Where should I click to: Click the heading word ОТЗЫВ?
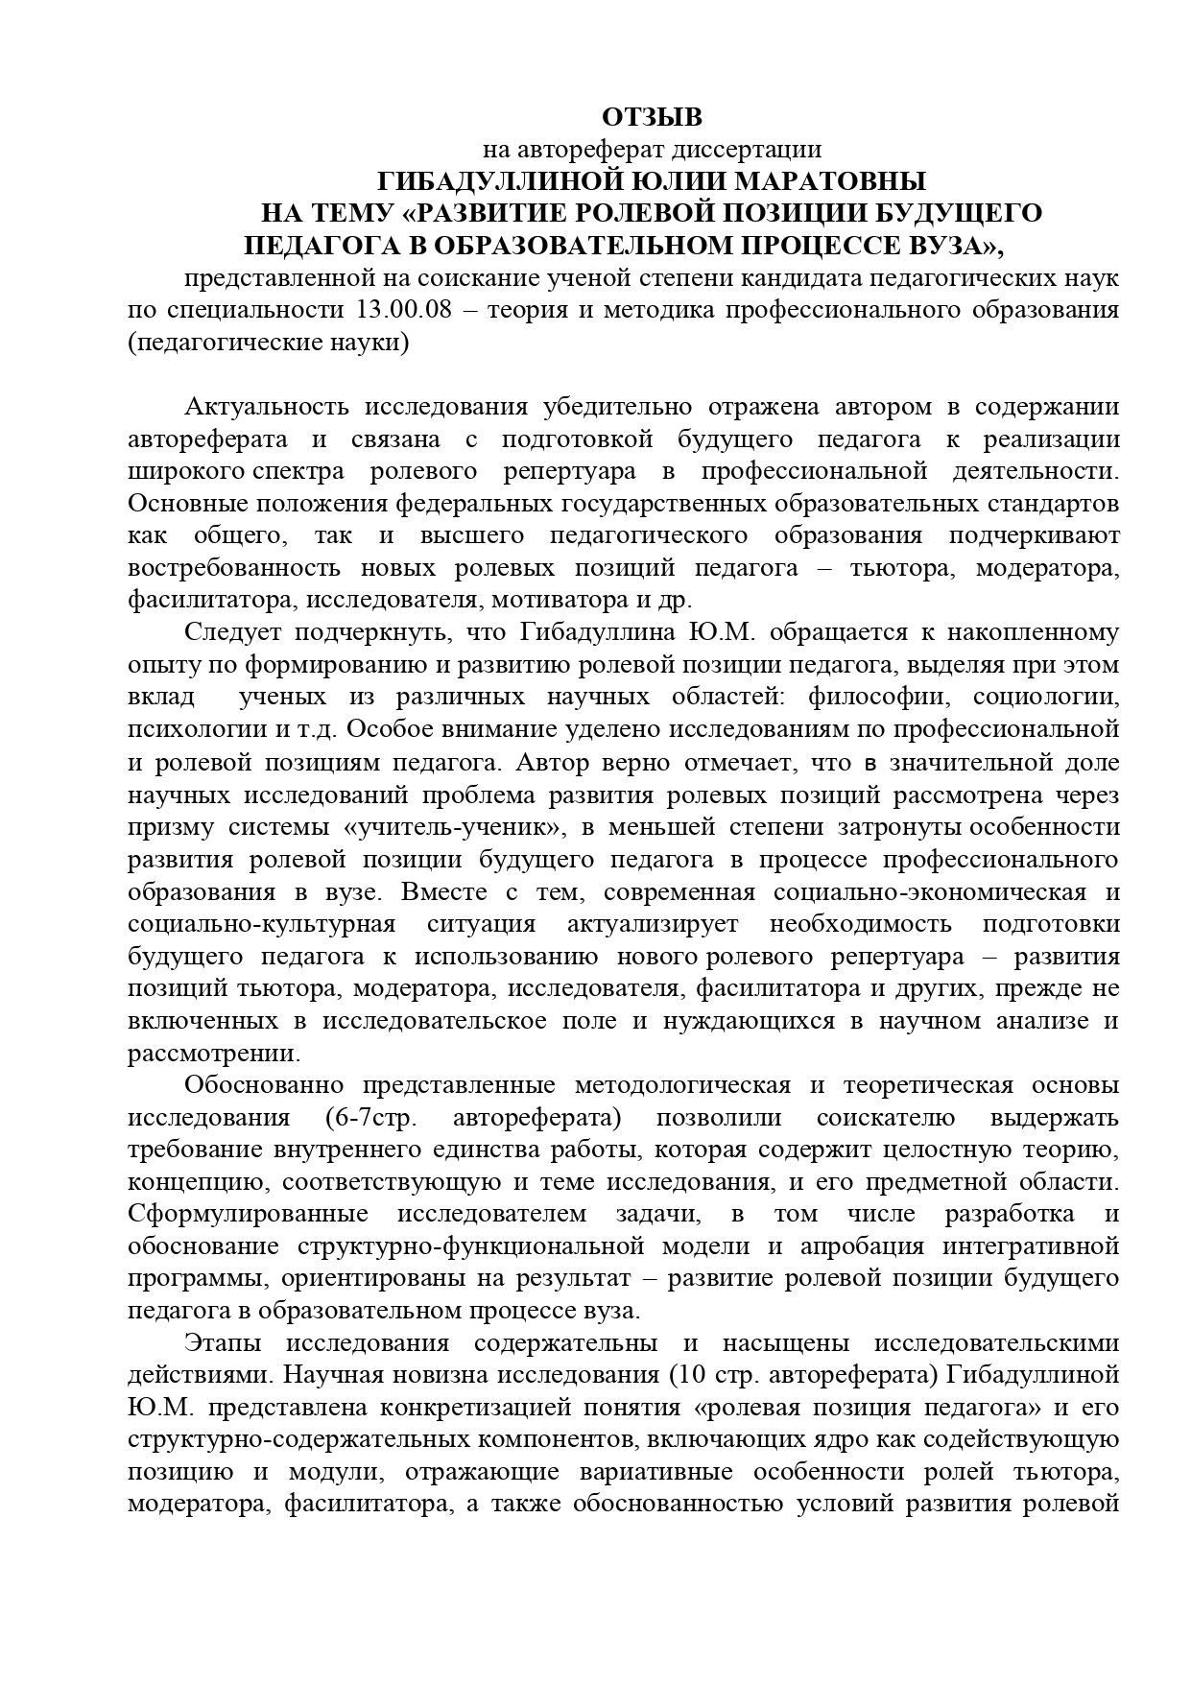(653, 117)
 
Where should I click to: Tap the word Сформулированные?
(249, 1214)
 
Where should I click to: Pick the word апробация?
(863, 1246)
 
